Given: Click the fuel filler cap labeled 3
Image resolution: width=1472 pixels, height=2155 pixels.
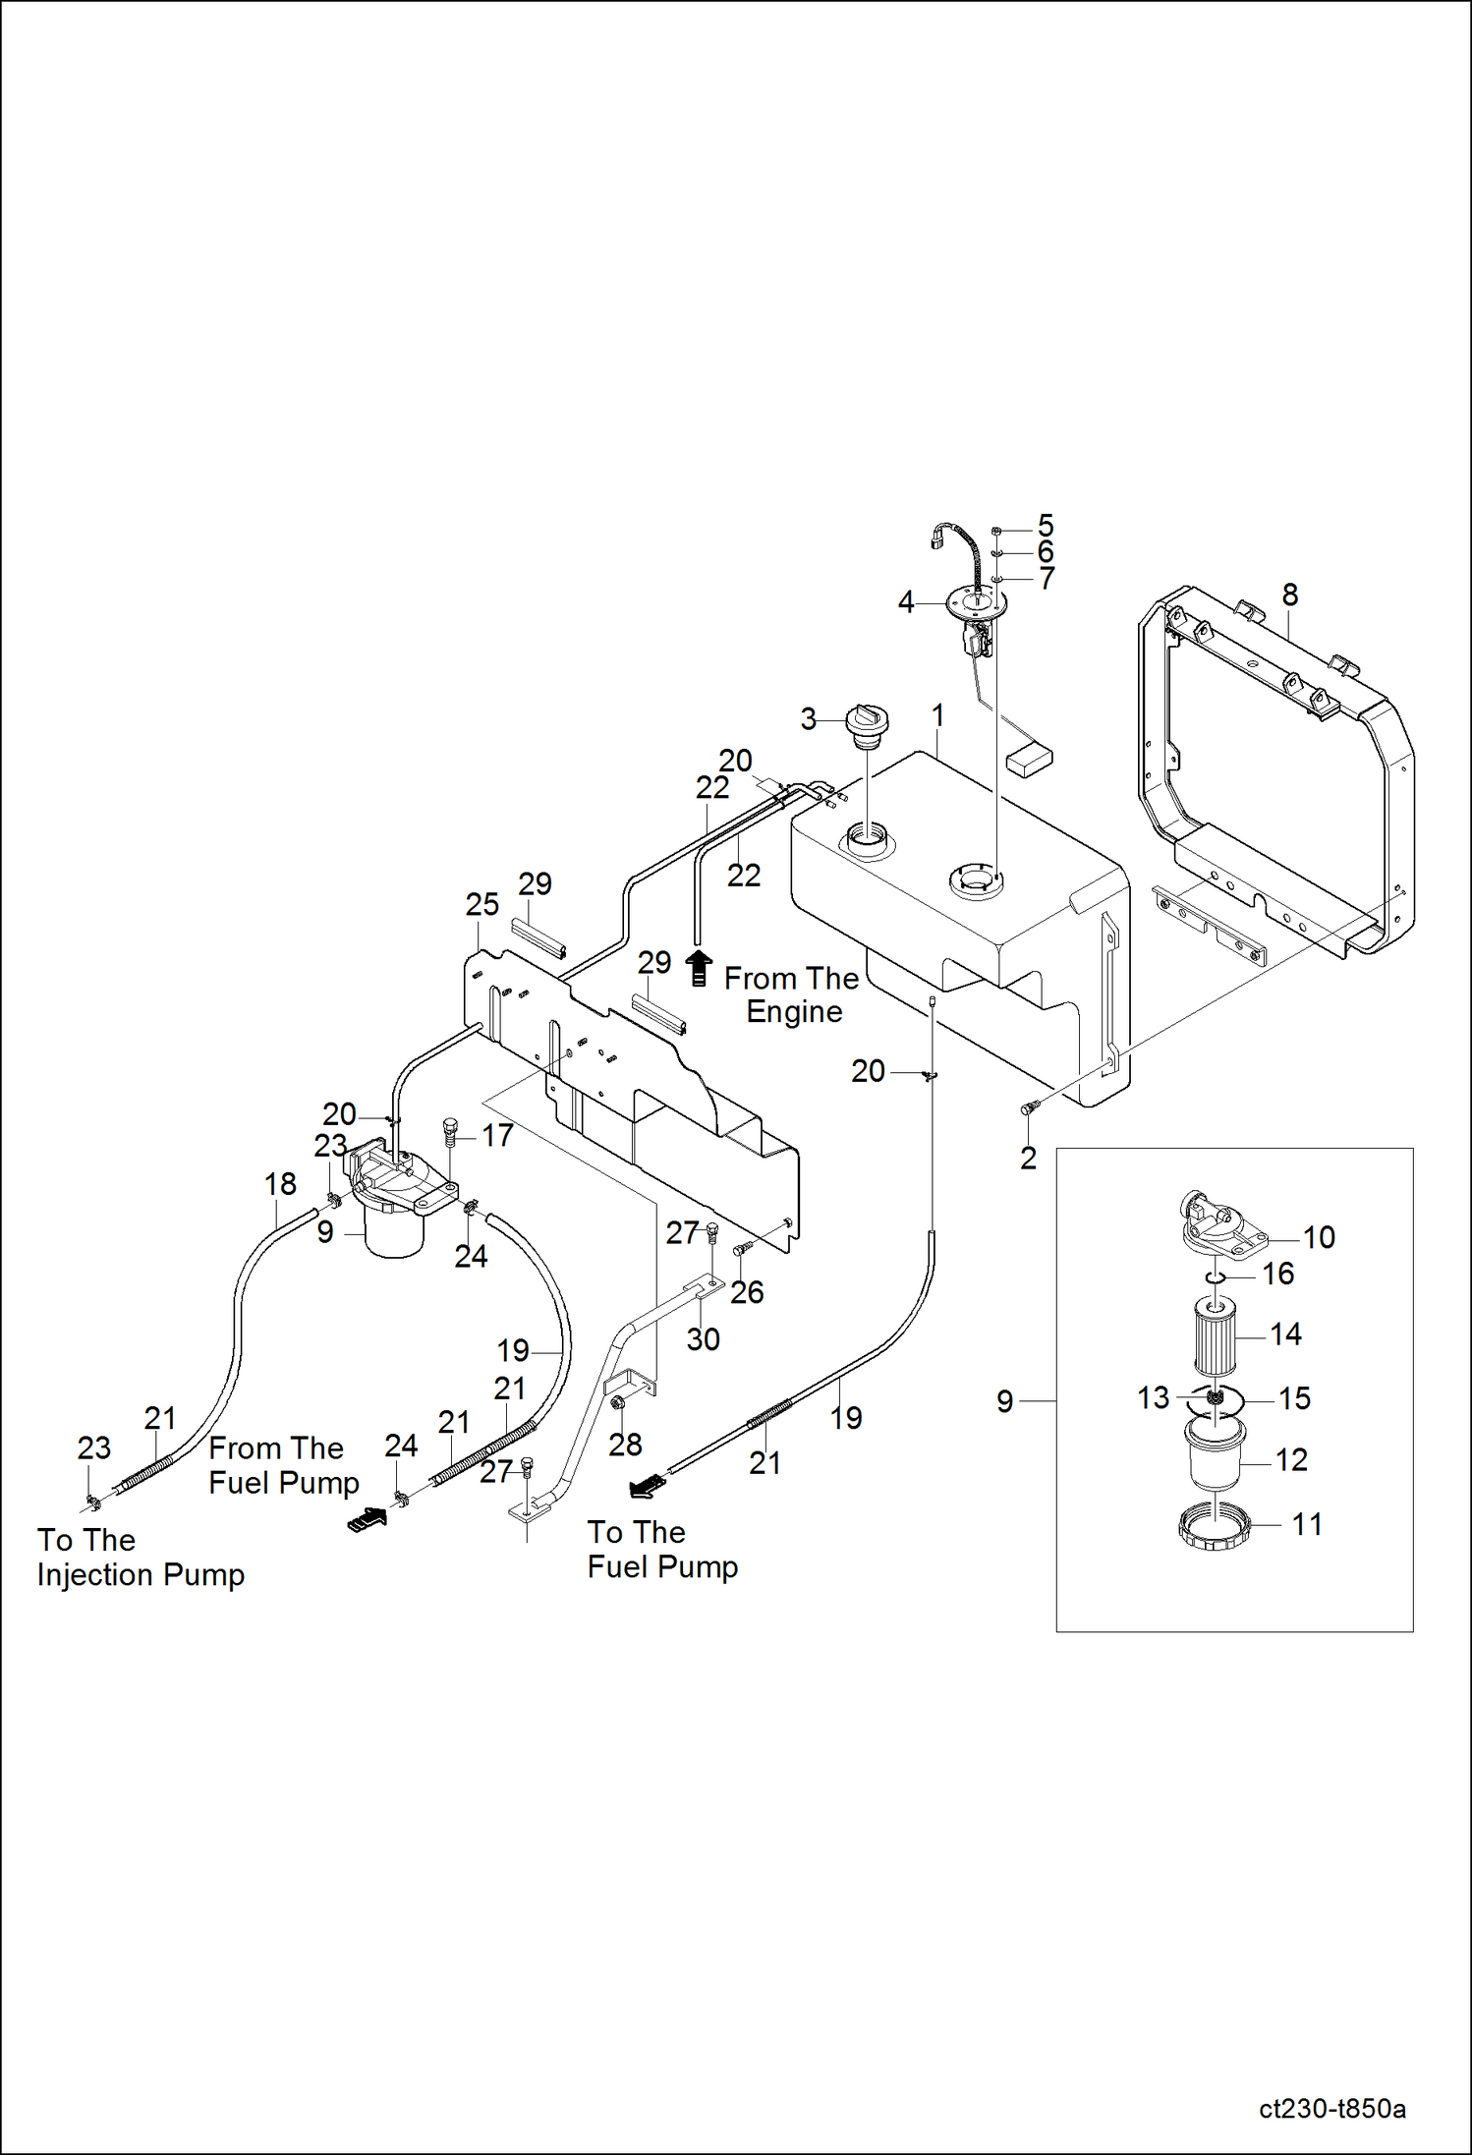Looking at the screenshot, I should tap(867, 724).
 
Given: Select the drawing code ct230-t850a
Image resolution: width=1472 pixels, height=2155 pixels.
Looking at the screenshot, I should tap(1331, 2109).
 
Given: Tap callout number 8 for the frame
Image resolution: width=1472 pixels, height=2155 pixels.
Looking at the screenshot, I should tap(1289, 595).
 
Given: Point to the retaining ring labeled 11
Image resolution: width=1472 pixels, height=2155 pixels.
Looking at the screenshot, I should tap(1215, 1529).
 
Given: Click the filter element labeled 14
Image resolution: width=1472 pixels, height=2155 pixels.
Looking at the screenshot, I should tap(1215, 1337).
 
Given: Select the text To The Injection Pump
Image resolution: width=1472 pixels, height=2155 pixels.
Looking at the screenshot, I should tap(140, 1558).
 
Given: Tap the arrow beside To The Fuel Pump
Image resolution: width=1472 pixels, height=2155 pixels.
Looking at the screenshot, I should tap(647, 1488).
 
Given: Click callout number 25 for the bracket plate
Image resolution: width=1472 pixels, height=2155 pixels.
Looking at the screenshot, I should tap(481, 904).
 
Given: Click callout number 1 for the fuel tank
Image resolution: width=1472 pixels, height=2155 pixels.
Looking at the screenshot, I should tap(937, 715).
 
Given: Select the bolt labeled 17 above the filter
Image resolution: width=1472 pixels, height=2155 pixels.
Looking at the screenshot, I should tap(451, 1133).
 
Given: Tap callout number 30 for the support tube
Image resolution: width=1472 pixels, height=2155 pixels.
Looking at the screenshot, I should tap(703, 1338).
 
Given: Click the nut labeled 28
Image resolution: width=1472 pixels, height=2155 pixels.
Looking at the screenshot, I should tap(619, 1402).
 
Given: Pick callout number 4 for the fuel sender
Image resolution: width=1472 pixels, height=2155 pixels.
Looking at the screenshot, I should tap(905, 601).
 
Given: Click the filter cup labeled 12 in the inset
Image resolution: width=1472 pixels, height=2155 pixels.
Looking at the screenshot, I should tap(1215, 1460).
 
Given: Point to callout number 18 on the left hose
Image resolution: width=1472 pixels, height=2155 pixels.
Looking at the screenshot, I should tap(280, 1184).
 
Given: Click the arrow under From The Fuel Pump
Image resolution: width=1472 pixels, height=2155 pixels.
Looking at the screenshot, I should tap(367, 1519).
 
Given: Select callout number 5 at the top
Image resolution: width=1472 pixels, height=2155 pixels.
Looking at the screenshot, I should tap(1045, 526).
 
